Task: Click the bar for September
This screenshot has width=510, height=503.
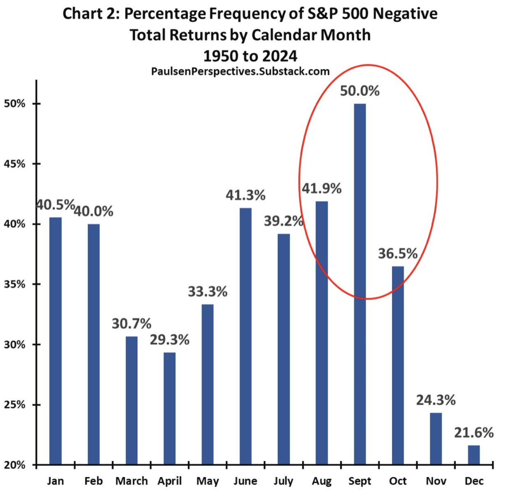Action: coord(360,284)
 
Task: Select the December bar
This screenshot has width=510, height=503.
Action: coord(474,455)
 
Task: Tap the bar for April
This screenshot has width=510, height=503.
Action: coord(169,408)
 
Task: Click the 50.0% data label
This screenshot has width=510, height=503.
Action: coord(360,91)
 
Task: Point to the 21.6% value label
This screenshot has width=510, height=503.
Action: coord(474,433)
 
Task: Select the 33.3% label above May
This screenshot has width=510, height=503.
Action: coord(208,292)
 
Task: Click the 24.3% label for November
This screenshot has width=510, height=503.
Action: coord(436,400)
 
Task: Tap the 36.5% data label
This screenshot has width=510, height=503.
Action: coord(397,254)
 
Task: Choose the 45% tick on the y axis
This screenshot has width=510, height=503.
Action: coord(15,164)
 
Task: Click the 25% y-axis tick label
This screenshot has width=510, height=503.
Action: coord(15,405)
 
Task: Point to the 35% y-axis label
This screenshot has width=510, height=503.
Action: coord(15,284)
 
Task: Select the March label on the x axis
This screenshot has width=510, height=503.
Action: coord(132,481)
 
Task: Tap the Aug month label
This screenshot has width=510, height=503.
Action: coord(321,481)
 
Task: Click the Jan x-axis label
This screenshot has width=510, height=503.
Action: coord(55,481)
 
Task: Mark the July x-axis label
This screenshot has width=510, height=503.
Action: coord(284,481)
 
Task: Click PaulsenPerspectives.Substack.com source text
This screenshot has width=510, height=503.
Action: coord(240,72)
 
